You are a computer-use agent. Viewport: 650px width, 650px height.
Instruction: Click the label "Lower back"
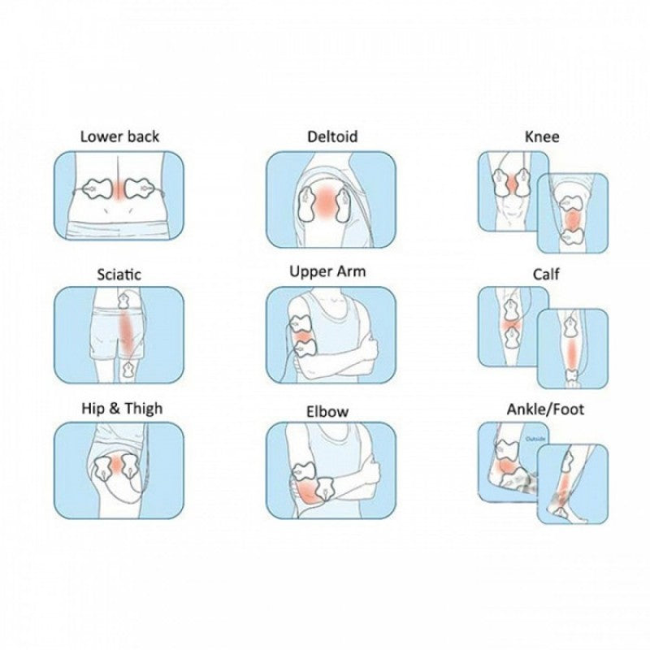(119, 136)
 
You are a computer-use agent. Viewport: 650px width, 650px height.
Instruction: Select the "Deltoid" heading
(332, 136)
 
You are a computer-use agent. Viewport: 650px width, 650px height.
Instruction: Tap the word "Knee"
(542, 136)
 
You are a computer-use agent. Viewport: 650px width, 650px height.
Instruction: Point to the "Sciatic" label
(119, 274)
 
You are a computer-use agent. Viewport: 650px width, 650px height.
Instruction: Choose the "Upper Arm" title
(327, 271)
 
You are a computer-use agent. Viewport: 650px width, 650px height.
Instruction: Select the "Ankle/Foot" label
(545, 409)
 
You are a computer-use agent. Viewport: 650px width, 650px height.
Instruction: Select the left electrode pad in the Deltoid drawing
(307, 204)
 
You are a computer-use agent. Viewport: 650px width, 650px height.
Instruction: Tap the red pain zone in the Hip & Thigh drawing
(120, 465)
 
